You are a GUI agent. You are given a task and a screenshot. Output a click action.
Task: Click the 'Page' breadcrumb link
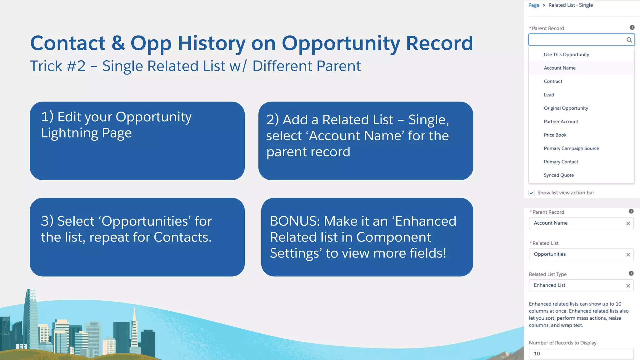(533, 5)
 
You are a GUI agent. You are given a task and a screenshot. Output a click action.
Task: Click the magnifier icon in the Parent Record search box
(629, 40)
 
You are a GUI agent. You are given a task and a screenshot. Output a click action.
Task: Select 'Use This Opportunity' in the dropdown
(566, 54)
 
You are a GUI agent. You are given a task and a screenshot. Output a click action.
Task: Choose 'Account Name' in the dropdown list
(559, 68)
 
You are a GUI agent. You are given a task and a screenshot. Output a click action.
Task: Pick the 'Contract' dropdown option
(553, 81)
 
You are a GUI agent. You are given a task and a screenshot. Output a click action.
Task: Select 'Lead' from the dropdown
(549, 95)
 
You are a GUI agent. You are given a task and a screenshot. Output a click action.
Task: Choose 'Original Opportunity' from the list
(566, 108)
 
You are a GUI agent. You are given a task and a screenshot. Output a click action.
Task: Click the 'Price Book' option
(555, 135)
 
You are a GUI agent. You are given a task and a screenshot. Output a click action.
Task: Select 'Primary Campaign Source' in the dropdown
(571, 148)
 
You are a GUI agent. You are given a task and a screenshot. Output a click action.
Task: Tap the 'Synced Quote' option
(558, 175)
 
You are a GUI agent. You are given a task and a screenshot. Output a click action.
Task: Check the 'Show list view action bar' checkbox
(532, 193)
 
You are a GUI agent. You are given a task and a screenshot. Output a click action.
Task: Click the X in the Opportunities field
(628, 255)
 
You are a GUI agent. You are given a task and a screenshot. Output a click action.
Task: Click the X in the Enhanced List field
(628, 286)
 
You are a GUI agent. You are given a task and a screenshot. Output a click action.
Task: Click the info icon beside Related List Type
(631, 273)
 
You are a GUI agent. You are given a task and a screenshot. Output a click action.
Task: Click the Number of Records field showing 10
(581, 354)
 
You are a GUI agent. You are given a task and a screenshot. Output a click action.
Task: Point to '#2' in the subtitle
(76, 66)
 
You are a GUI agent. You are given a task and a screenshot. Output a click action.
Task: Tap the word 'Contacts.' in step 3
(182, 237)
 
